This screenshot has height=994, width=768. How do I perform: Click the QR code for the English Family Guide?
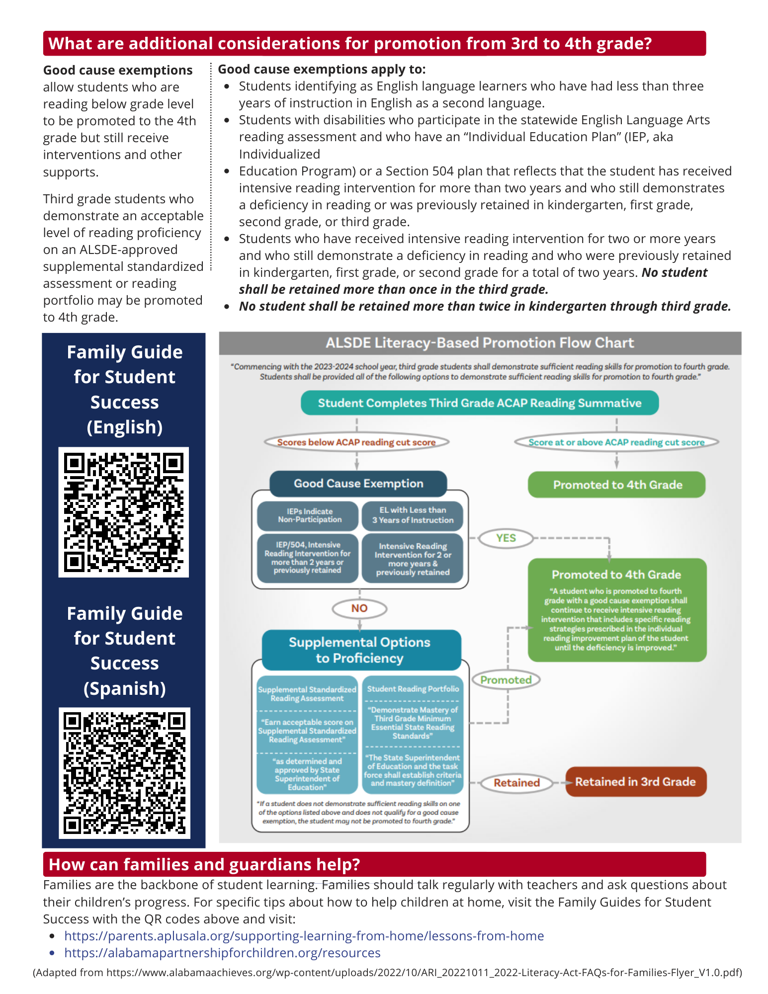(x=124, y=512)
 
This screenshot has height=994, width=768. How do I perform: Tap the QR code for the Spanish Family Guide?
(x=124, y=772)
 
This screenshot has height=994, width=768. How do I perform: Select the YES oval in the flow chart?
(x=506, y=538)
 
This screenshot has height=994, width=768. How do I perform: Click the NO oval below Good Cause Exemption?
(x=359, y=608)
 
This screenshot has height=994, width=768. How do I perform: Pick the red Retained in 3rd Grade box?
(x=635, y=782)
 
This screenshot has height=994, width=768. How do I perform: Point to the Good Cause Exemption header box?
(x=358, y=484)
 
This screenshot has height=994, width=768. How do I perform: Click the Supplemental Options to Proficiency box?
(x=359, y=650)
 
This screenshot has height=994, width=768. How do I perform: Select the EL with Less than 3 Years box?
(x=413, y=515)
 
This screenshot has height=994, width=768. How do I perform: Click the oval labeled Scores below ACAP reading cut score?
(x=356, y=442)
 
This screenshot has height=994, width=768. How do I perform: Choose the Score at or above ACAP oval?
(x=616, y=442)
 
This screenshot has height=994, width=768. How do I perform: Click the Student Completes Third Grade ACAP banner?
(x=480, y=403)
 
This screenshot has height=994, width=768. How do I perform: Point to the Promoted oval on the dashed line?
(x=506, y=680)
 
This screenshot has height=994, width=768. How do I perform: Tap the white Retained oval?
(x=516, y=783)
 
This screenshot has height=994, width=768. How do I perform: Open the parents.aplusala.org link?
(x=304, y=936)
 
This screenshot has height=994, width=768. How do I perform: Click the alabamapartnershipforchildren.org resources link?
(x=222, y=953)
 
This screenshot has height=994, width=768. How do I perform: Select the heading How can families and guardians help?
(x=204, y=865)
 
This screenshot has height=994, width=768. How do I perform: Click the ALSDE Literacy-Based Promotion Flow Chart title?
(x=480, y=343)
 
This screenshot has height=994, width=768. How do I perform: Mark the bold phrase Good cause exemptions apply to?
(x=322, y=69)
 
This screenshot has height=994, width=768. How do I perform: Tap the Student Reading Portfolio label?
(x=413, y=689)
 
